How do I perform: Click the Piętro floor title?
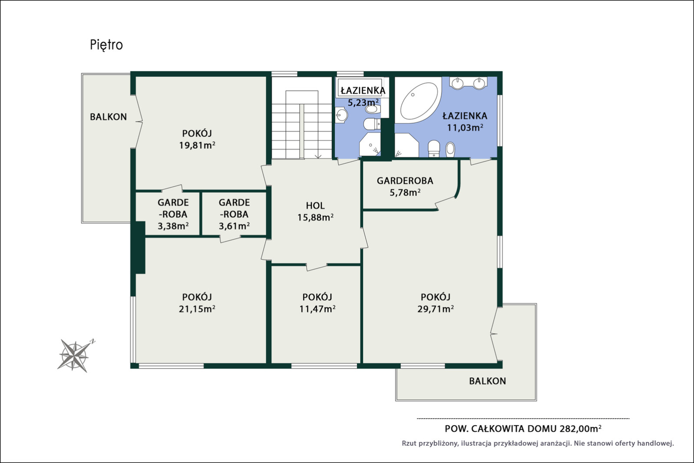106,45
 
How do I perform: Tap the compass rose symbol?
75,355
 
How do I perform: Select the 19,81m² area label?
197,145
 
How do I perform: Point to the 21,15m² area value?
197,309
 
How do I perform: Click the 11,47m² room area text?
317,309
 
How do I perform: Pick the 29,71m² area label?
436,309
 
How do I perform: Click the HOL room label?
315,205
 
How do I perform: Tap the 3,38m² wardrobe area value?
173,226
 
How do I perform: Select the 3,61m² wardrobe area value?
234,226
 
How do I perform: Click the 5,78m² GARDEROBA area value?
405,192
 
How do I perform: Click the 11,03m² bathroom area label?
465,127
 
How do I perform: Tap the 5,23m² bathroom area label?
363,102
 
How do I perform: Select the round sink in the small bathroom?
341,116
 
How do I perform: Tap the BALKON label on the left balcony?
109,117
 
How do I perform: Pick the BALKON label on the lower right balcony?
487,381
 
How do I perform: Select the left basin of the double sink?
457,83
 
